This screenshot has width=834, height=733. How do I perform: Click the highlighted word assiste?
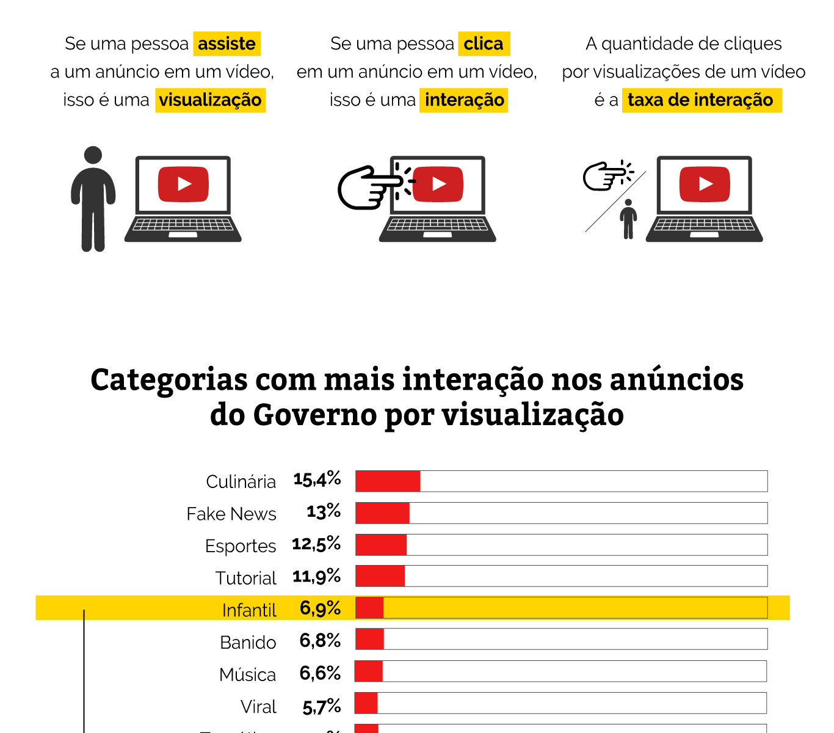227,44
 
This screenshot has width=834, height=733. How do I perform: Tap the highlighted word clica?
484,44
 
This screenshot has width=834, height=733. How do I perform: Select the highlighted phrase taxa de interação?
701,100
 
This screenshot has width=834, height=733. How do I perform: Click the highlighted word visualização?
211,100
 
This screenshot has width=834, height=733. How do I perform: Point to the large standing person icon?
93,199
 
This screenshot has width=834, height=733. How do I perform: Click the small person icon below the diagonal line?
628,219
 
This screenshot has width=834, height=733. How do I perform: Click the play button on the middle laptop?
438,184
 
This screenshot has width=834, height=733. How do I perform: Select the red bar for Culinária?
388,481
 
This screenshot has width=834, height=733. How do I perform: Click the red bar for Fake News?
383,513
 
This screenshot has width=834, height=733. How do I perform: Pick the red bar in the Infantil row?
370,608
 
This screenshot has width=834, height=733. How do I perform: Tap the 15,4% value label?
317,480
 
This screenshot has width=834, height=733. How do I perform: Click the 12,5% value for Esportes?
316,544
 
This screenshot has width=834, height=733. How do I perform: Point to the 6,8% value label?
320,640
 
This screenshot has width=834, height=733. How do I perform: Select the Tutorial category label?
246,578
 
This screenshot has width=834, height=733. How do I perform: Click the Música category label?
248,674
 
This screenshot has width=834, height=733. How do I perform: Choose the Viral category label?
259,707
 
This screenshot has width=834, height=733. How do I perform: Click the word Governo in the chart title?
315,415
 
